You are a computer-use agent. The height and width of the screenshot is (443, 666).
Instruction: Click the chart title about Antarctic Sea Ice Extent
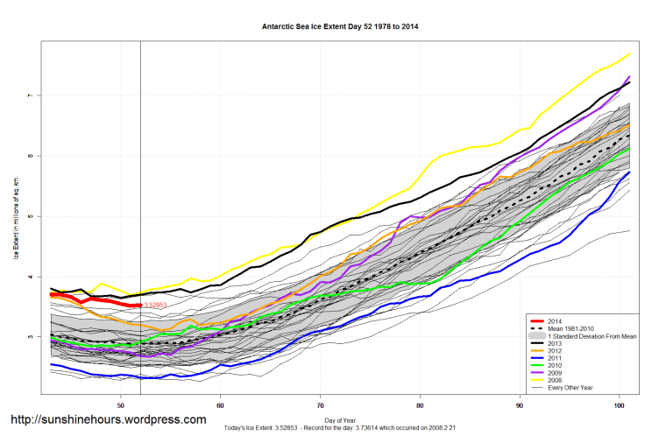[334, 27]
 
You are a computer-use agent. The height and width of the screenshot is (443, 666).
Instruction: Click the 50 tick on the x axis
[121, 405]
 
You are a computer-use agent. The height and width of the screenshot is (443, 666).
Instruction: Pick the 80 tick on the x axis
[421, 405]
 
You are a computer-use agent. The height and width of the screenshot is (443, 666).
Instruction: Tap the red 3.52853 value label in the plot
[155, 306]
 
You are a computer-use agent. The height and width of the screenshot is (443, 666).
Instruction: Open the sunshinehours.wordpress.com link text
[108, 419]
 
